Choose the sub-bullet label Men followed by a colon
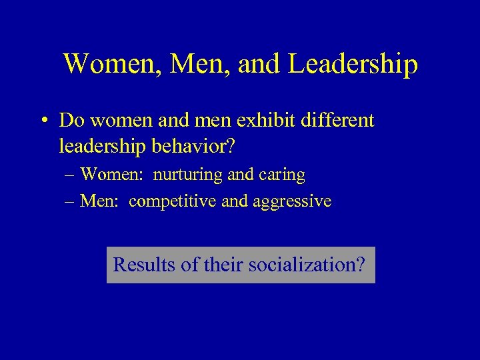point(101,201)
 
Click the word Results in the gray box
point(144,265)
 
